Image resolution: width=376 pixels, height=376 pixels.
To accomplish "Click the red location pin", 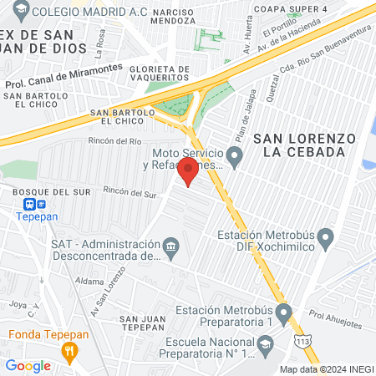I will (189, 171).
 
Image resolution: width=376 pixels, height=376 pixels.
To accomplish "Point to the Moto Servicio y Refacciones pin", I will (235, 155).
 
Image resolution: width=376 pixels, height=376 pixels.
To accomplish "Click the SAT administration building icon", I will (171, 246).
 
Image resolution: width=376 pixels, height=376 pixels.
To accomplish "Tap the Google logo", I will (28, 365).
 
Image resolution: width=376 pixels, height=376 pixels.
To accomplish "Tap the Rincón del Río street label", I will (122, 140).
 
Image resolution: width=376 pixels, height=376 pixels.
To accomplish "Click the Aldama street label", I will (89, 282).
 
